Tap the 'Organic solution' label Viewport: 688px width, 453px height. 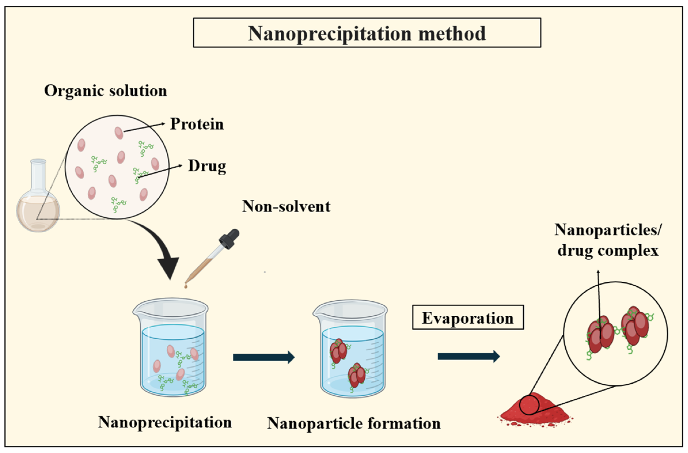pos(106,91)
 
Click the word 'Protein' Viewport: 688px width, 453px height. pos(197,124)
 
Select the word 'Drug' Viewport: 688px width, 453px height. pos(207,166)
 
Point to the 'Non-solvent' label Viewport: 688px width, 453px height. pos(286,207)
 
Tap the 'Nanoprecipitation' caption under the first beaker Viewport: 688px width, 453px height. pos(165,422)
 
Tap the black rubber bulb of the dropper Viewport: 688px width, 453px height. pos(230,239)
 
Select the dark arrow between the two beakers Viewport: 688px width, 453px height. pos(263,357)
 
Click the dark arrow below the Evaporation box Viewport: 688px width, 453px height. pos(468,357)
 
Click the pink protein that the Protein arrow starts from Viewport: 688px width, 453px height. pos(119,133)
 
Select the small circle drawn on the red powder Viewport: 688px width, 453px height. pos(529,404)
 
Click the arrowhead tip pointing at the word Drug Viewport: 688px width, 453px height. pos(182,165)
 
